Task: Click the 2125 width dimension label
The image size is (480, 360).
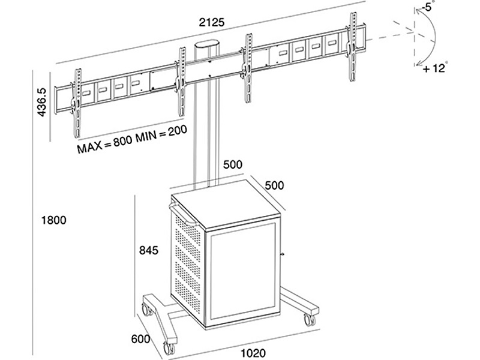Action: pos(210,22)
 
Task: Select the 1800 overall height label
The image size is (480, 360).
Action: pos(53,220)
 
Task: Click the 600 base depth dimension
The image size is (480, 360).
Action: pos(140,339)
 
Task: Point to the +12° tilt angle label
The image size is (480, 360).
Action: pos(434,68)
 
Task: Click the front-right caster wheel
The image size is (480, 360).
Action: pos(309,319)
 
